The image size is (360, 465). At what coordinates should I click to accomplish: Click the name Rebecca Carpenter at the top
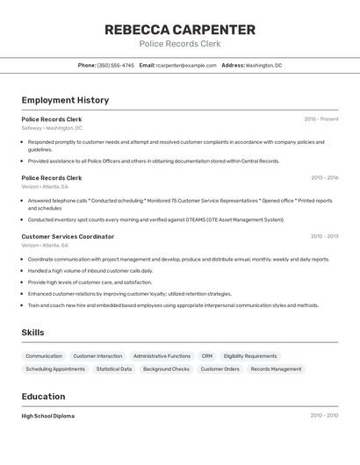[x=180, y=29]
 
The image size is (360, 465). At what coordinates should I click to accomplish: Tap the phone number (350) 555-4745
[x=116, y=65]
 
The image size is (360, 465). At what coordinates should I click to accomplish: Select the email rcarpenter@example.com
[x=187, y=65]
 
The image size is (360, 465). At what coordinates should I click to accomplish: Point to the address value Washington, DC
[x=264, y=65]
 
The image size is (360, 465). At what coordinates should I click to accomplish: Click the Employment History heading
[x=65, y=100]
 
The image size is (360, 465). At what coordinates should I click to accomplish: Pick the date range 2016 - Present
[x=321, y=118]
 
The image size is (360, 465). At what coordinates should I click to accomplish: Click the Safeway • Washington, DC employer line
[x=52, y=128]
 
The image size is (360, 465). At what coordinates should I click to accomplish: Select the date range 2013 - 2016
[x=324, y=177]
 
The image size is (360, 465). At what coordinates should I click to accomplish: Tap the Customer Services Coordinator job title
[x=68, y=236]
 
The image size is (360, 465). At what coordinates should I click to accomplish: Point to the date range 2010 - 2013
[x=324, y=236]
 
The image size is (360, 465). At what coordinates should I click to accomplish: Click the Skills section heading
[x=32, y=333]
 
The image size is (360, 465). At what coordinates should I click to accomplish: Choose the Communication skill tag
[x=44, y=356]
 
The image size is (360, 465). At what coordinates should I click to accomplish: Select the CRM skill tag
[x=207, y=356]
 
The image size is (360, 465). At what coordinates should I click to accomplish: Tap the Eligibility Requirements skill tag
[x=250, y=356]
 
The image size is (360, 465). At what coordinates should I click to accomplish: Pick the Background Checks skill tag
[x=166, y=369]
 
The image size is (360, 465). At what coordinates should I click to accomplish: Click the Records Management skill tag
[x=276, y=369]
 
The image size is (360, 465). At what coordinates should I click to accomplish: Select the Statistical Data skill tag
[x=114, y=369]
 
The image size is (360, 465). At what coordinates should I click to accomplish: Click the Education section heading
[x=44, y=397]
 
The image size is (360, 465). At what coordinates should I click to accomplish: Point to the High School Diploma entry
[x=48, y=416]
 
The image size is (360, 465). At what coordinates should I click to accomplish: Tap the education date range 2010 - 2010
[x=324, y=416]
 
